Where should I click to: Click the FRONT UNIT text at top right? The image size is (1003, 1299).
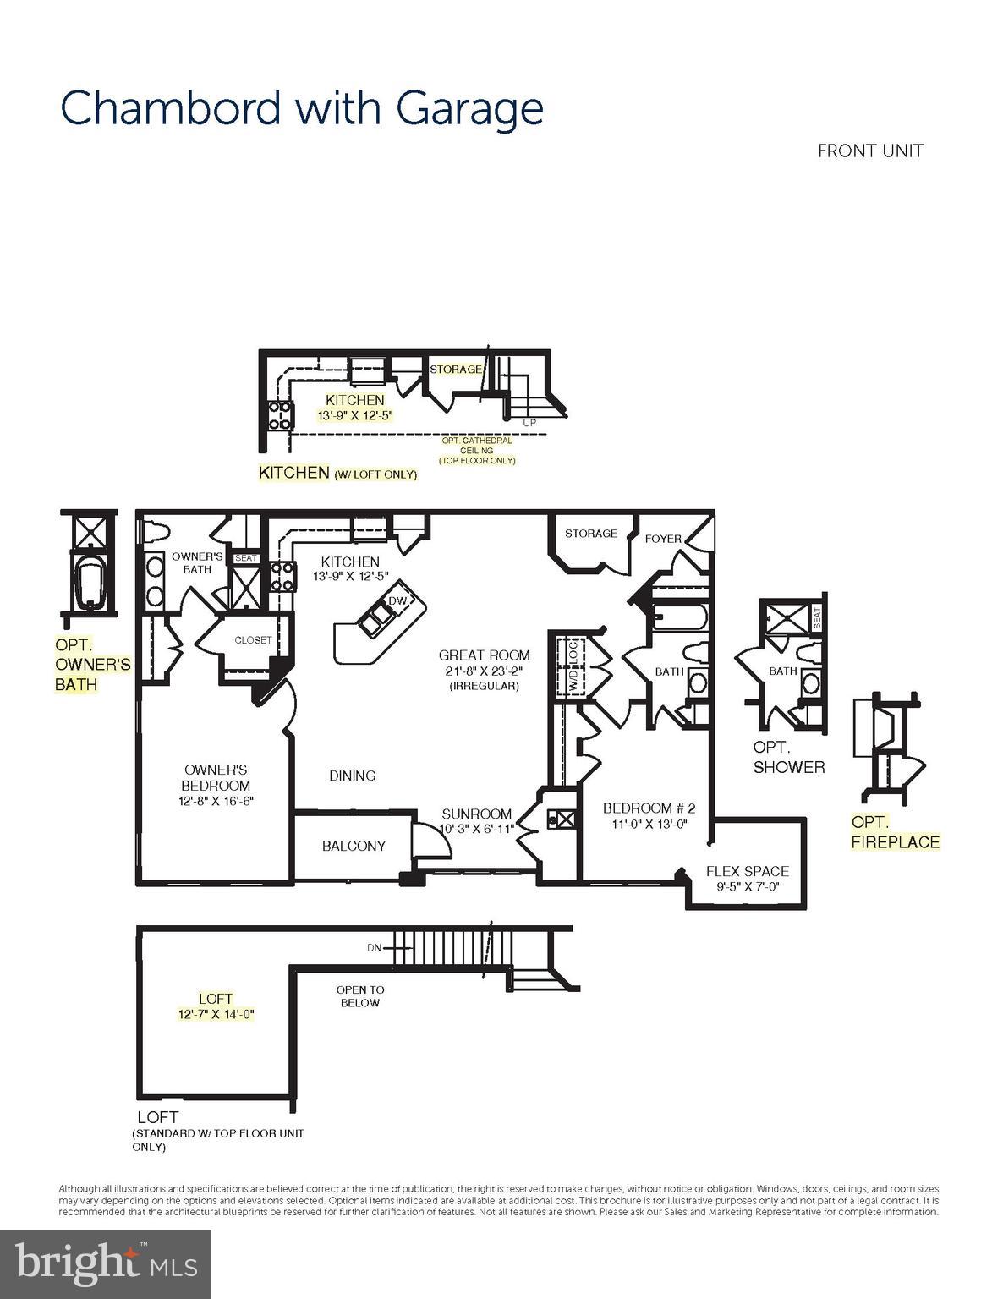[x=870, y=151]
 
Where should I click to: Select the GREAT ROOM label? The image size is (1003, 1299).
[x=484, y=655]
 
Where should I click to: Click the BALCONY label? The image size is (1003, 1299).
[x=354, y=846]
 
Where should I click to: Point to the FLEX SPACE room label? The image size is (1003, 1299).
[x=747, y=871]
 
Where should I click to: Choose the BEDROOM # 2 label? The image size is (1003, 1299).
[x=649, y=808]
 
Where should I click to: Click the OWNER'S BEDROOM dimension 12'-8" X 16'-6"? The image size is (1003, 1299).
[x=216, y=801]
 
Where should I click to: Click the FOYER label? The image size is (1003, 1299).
[x=663, y=539]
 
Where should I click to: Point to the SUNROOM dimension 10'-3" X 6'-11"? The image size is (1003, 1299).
[x=477, y=829]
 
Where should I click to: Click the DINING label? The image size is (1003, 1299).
[x=353, y=776]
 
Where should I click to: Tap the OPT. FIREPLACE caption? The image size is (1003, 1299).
[x=895, y=832]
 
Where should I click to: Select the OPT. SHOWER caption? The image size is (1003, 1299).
[x=788, y=758]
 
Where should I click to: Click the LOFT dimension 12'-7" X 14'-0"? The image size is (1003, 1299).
[x=216, y=1014]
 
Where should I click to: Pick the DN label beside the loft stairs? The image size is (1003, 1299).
[x=374, y=948]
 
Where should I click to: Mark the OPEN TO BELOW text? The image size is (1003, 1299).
[x=359, y=996]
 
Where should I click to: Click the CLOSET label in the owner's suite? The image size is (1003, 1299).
[x=253, y=640]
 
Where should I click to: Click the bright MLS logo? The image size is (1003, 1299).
[x=106, y=1263]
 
